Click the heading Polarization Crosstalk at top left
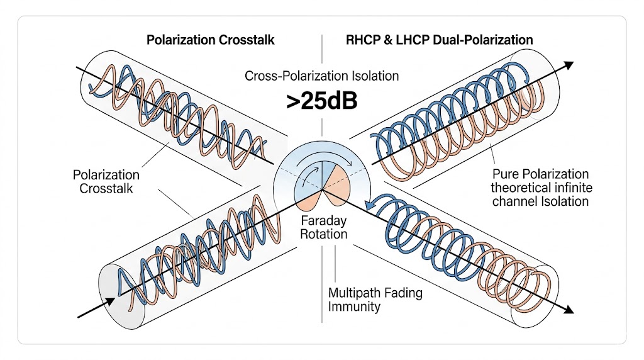click(210, 40)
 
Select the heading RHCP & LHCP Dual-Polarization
click(440, 40)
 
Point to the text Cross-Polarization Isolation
click(322, 76)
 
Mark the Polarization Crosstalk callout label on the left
click(106, 181)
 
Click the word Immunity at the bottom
click(355, 307)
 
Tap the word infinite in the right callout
click(569, 188)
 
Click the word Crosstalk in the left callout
click(106, 188)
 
